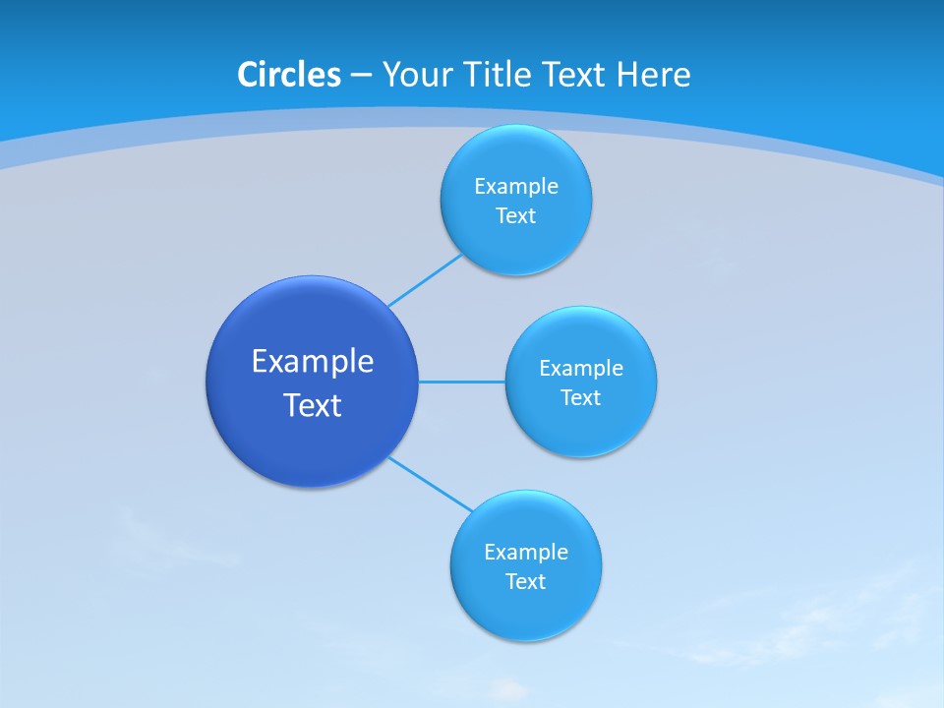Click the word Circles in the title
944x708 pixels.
(288, 75)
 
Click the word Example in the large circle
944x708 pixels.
(312, 362)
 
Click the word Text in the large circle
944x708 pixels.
(312, 405)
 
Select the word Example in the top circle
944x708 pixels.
(515, 187)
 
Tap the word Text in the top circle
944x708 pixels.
(515, 216)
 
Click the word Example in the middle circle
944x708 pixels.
(580, 369)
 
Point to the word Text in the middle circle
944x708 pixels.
(580, 398)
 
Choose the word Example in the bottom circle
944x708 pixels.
(525, 553)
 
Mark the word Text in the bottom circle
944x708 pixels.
(525, 582)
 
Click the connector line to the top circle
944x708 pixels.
(425, 280)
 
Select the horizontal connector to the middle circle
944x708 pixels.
(461, 382)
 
